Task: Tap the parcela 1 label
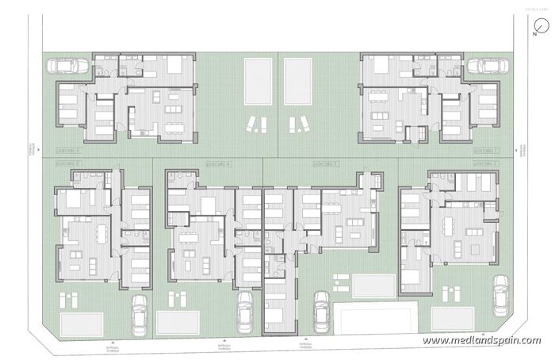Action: [483, 149]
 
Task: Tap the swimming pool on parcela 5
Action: [82, 323]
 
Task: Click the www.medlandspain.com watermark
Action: [481, 341]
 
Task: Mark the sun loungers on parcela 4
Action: [177, 300]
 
